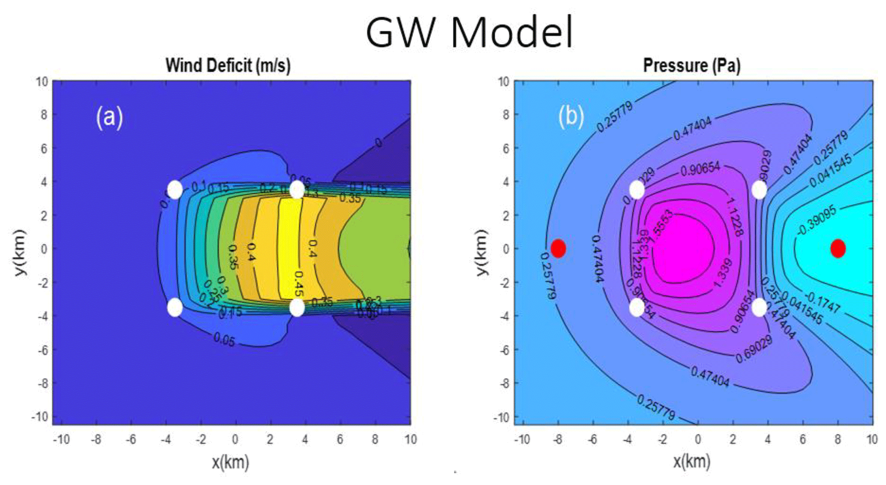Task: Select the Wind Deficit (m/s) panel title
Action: tap(228, 66)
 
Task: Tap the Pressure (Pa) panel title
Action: tap(692, 66)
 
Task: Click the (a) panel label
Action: tap(109, 117)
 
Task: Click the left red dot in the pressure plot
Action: tap(558, 248)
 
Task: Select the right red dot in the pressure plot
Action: tap(838, 248)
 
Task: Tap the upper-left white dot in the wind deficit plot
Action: tap(175, 189)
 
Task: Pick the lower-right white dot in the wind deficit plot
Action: tap(297, 307)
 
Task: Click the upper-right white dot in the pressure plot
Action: tap(759, 190)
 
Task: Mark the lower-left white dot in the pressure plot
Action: tap(637, 307)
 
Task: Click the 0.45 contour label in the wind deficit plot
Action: tap(299, 284)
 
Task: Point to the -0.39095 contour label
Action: tap(817, 220)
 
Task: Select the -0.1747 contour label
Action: tap(823, 303)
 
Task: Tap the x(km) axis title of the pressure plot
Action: tap(691, 461)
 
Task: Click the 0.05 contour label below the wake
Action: tap(224, 340)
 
